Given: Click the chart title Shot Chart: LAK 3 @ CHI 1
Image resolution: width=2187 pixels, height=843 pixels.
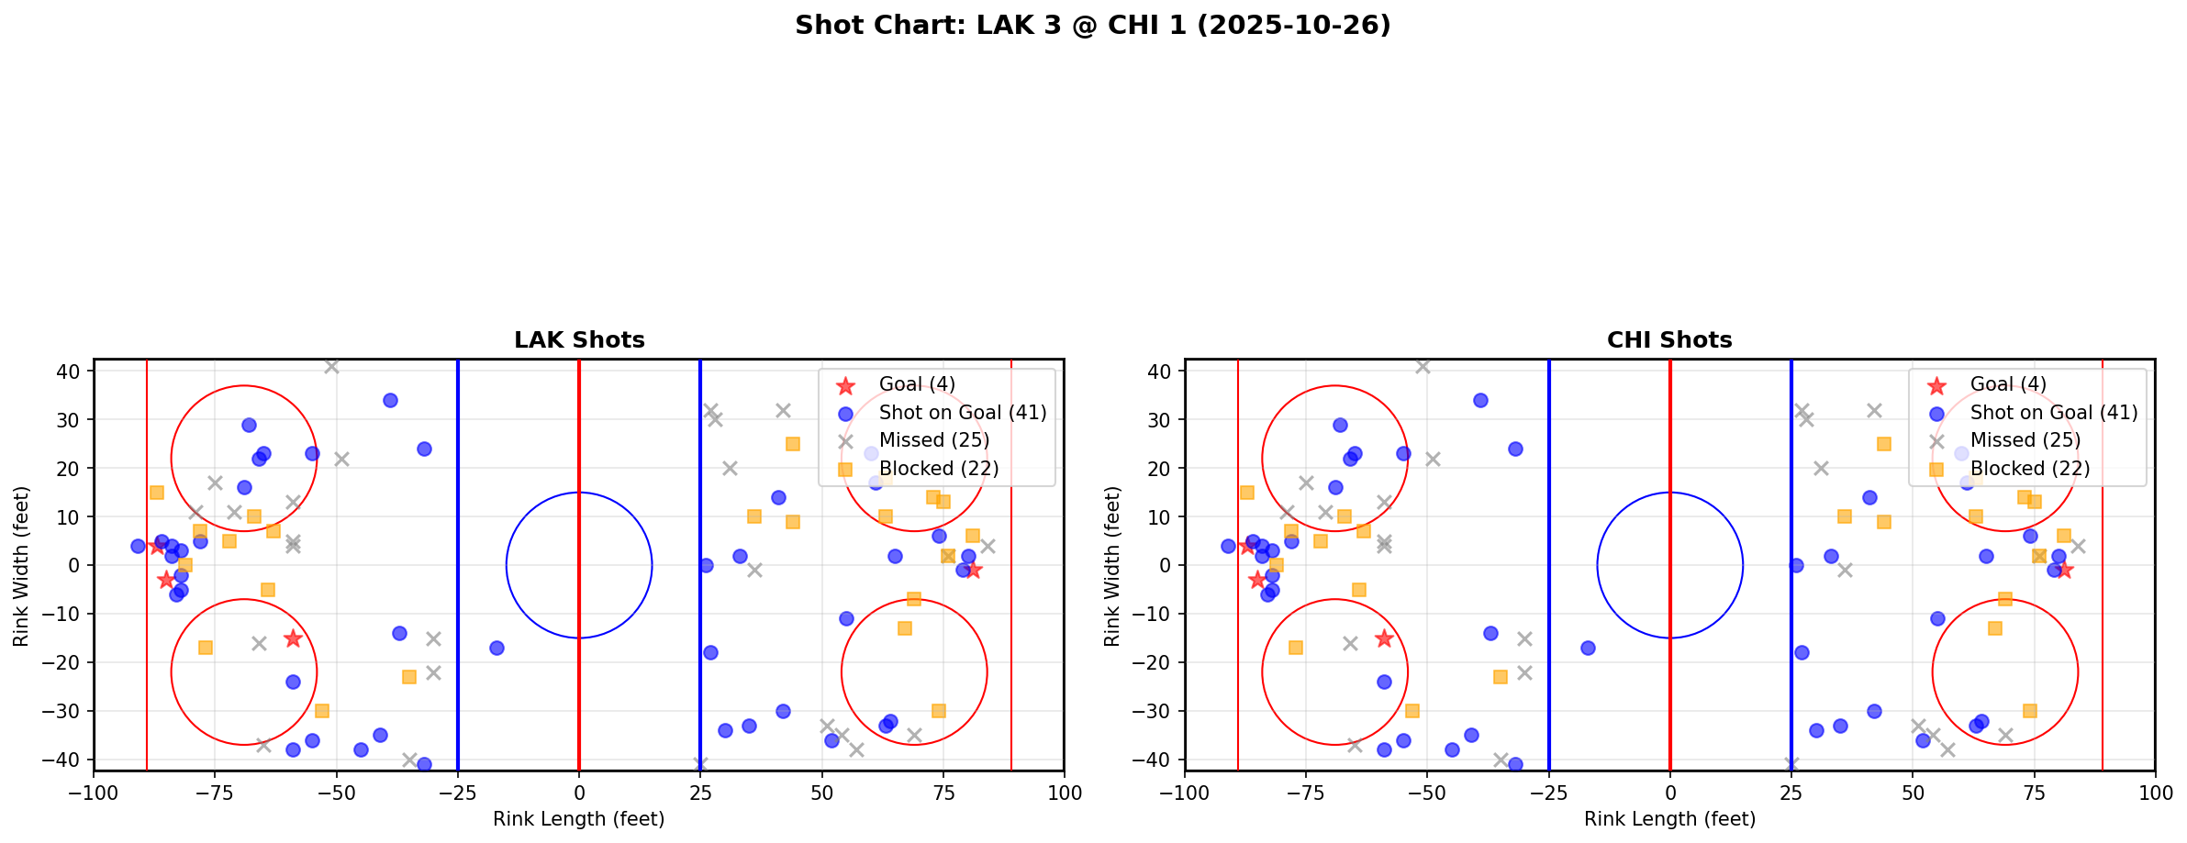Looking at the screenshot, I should [x=1092, y=26].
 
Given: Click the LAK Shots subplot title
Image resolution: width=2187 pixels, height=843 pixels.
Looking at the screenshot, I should [x=579, y=340].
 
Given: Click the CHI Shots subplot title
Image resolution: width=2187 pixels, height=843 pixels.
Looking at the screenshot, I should [x=1669, y=340].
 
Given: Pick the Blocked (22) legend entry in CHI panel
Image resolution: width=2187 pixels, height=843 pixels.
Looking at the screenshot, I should [x=2029, y=469].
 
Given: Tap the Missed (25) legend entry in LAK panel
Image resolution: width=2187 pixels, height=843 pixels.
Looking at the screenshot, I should [x=933, y=440].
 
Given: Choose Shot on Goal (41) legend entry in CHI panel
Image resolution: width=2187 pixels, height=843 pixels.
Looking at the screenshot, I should [x=2053, y=413].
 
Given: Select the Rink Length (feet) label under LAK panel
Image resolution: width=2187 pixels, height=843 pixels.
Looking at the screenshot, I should [x=579, y=819].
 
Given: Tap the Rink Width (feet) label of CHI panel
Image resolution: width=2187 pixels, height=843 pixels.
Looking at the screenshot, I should [x=1112, y=565].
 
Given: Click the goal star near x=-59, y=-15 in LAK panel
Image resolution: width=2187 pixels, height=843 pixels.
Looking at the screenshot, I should [x=293, y=638].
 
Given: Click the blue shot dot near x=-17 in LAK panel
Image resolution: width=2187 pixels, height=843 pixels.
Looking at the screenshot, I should [x=497, y=648].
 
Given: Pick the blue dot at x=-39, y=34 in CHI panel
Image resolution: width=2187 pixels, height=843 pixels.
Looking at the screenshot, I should [x=1480, y=400].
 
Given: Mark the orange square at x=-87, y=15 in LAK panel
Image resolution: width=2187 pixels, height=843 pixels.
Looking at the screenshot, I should [x=157, y=493].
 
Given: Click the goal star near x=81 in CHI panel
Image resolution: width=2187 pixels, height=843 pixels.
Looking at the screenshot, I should [x=2064, y=570].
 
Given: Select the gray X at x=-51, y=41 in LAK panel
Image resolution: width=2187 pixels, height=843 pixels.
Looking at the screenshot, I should [x=331, y=366].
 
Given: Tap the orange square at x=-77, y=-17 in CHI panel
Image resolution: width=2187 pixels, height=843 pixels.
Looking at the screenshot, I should [x=1296, y=648].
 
